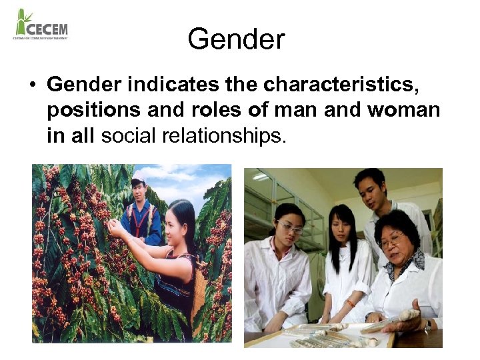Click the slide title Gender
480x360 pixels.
click(236, 39)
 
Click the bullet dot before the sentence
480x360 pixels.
click(31, 85)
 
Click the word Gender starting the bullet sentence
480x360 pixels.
click(84, 85)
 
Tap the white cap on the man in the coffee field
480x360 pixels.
click(139, 177)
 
